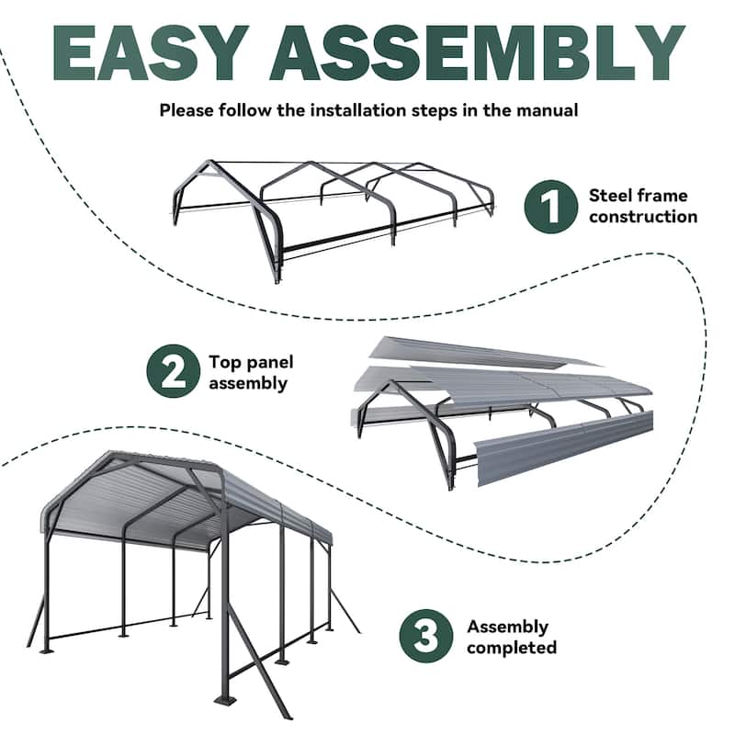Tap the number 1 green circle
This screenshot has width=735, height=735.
[549, 207]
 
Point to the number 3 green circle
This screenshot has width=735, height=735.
[426, 637]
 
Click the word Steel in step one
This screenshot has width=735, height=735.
[611, 196]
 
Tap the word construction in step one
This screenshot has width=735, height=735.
[643, 217]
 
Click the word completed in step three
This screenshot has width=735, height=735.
[511, 648]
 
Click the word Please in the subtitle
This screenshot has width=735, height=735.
[188, 111]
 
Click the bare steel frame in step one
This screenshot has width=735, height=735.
[331, 211]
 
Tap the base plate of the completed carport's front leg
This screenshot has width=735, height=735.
[224, 702]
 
